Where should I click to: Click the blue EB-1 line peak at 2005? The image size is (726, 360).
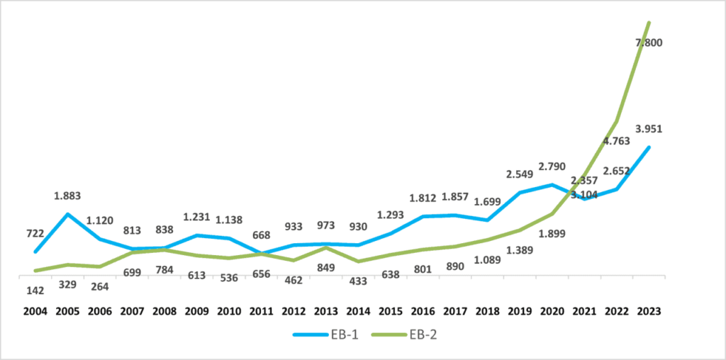point(67,214)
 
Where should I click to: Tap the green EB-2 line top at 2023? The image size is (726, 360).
point(648,23)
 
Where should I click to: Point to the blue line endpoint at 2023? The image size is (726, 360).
point(648,147)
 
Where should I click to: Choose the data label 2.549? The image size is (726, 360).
point(520,174)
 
